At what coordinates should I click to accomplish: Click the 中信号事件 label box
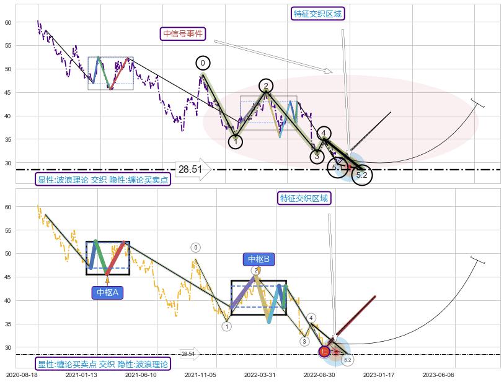tap(183, 34)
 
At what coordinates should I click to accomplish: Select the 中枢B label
tap(258, 259)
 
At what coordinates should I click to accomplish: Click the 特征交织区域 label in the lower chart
tap(304, 198)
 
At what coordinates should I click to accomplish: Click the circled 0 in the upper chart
tap(203, 63)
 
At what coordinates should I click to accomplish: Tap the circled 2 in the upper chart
tap(266, 86)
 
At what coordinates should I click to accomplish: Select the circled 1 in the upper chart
tap(236, 142)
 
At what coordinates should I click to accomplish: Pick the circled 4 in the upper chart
tap(324, 133)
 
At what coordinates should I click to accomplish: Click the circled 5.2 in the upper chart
tap(362, 175)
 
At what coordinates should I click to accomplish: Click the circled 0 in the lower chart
tap(195, 248)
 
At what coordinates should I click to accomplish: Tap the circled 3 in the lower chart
tap(304, 341)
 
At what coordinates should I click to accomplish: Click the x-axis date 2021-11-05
tap(200, 375)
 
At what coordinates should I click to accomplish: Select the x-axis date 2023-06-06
tap(438, 375)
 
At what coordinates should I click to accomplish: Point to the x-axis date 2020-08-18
tap(22, 375)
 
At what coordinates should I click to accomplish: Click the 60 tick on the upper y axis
tap(9, 22)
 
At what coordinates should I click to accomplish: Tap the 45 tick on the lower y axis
tap(9, 277)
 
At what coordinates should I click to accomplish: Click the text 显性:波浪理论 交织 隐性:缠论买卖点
tap(103, 180)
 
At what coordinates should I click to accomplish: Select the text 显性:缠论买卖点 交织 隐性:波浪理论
tap(102, 364)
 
